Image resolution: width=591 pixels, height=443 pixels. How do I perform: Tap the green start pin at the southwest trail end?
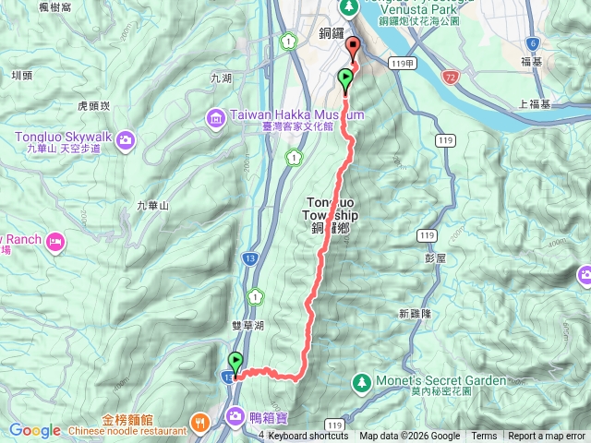pos(236,363)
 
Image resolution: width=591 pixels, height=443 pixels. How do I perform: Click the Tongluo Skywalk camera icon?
pos(126,140)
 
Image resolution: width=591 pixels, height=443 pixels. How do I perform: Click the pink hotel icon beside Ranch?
pos(56,242)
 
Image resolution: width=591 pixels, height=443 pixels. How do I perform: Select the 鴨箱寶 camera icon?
pos(237,416)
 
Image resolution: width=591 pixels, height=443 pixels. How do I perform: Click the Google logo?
pos(34,430)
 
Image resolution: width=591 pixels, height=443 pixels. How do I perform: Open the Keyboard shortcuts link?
pos(308,436)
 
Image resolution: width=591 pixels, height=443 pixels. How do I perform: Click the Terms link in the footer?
pos(484,436)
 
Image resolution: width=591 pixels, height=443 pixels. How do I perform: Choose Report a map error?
pos(547,436)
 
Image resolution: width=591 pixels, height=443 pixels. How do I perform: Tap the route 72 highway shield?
pos(449,80)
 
